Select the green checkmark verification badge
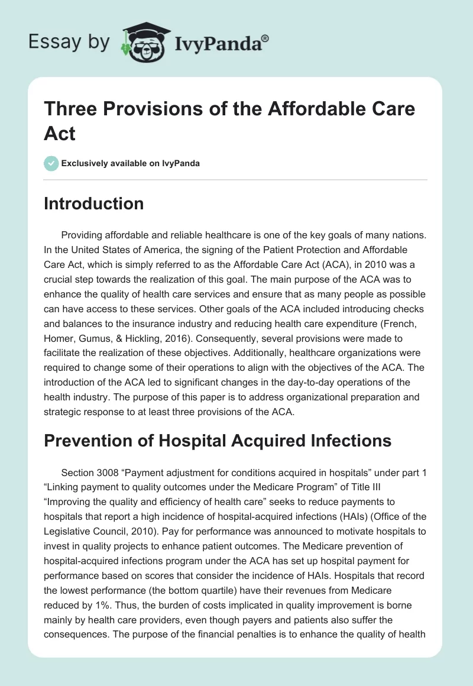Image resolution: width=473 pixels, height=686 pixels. click(x=51, y=163)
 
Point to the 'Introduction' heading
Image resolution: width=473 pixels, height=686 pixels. click(x=94, y=203)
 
